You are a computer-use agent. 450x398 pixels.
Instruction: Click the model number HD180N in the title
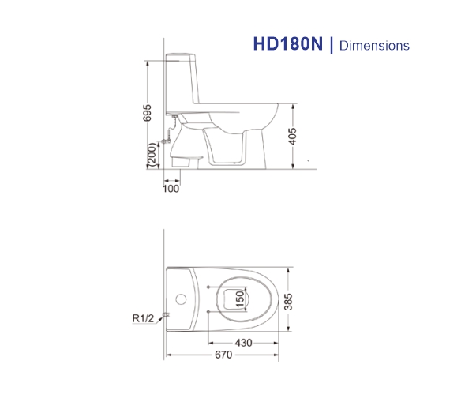289,44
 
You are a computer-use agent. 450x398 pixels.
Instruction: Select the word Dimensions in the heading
374,46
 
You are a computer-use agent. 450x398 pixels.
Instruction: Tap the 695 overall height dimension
147,113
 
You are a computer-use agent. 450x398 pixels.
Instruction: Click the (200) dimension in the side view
149,156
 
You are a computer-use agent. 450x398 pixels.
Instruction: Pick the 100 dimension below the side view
171,188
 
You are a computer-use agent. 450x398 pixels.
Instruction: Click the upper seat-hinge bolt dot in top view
208,287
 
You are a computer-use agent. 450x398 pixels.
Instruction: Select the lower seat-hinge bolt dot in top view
208,314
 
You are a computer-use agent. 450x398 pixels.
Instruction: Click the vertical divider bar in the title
332,45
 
